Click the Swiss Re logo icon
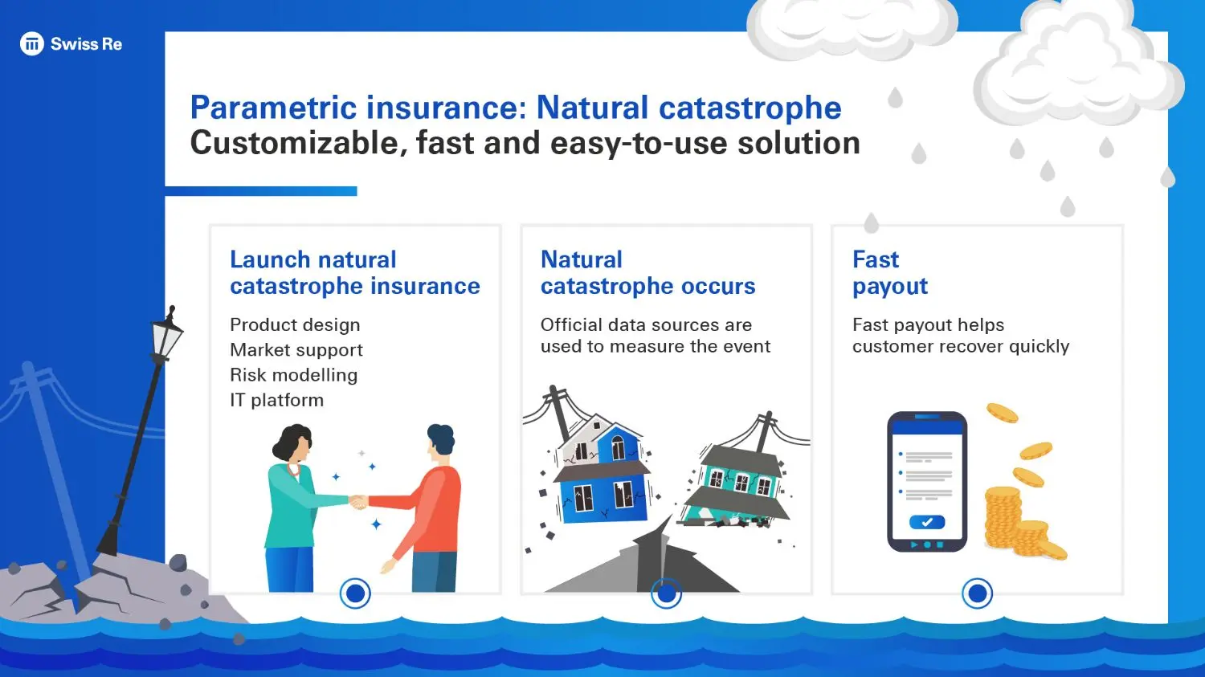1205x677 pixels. coord(31,44)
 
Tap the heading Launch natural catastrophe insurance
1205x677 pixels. coord(354,273)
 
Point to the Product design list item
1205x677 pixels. coord(295,325)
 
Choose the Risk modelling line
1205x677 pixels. coord(293,375)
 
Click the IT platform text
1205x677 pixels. coord(276,400)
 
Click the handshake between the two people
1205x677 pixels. coord(358,502)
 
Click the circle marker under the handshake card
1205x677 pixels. coord(355,593)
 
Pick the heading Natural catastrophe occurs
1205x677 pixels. coord(647,273)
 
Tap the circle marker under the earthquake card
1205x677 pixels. coord(666,593)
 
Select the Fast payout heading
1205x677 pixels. coord(889,273)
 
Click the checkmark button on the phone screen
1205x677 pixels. coord(927,522)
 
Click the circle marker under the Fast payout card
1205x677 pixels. coord(978,593)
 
